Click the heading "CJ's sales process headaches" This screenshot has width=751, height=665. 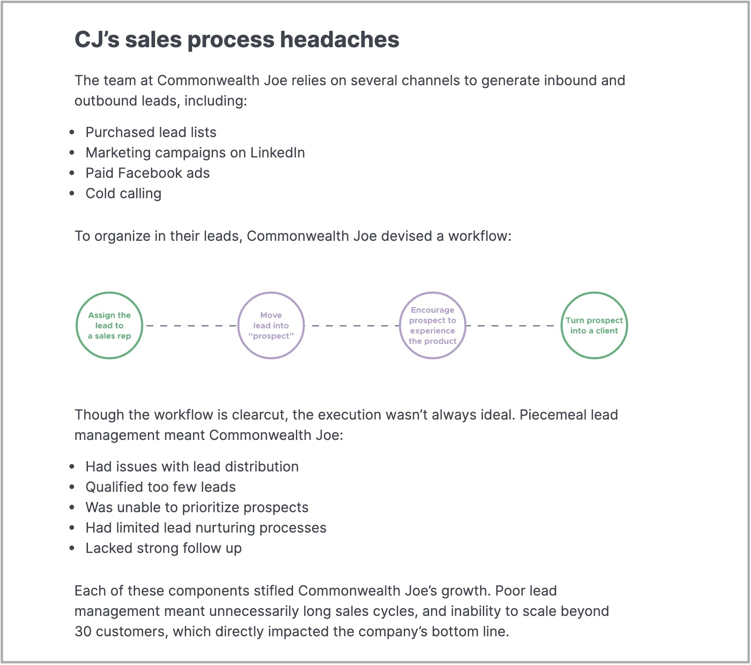(237, 40)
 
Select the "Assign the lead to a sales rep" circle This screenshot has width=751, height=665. (109, 293)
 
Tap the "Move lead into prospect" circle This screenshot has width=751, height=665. (271, 293)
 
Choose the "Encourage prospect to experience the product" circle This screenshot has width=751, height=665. (432, 293)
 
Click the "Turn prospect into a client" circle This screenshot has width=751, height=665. (594, 293)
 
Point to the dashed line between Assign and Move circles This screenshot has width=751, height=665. (190, 326)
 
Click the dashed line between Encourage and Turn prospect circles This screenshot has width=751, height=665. (513, 326)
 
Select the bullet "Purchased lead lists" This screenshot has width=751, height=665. (151, 132)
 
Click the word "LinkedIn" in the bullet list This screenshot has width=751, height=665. (278, 153)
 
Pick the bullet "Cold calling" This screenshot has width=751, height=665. (124, 194)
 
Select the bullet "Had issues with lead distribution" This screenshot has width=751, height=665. (192, 467)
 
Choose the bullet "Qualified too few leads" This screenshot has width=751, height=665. (161, 487)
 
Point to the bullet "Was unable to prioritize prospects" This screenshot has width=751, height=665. (197, 508)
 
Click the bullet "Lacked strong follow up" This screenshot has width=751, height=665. (164, 548)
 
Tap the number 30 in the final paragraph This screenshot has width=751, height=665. (83, 632)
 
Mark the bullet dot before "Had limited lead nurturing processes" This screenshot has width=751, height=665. (72, 528)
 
